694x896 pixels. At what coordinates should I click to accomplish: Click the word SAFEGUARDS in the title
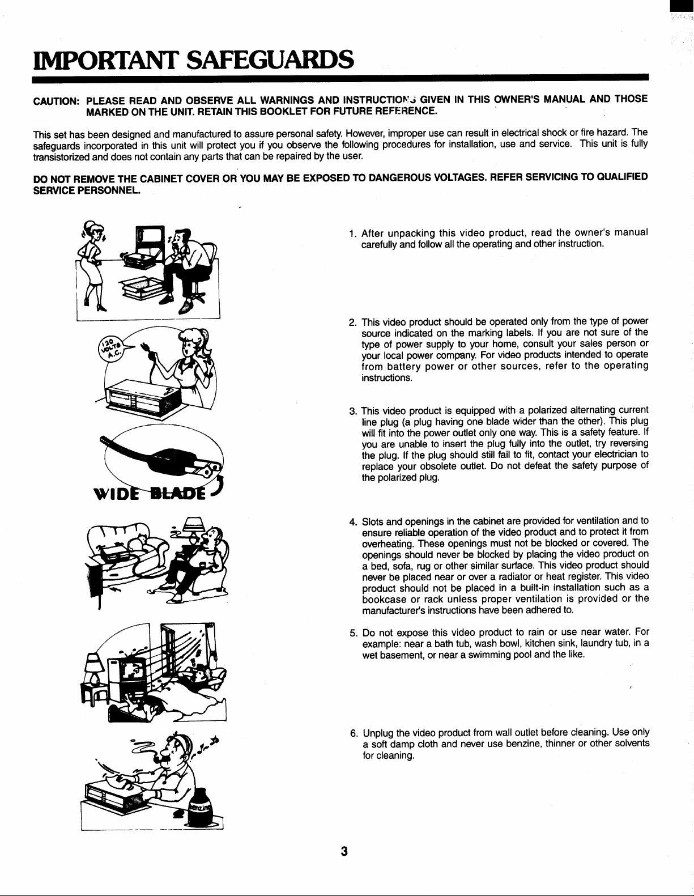[270, 60]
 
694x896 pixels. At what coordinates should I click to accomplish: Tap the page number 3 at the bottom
[344, 852]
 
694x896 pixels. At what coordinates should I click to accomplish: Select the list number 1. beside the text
[352, 233]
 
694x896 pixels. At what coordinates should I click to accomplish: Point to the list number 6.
[354, 733]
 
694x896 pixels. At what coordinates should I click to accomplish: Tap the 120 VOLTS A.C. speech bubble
[110, 347]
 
